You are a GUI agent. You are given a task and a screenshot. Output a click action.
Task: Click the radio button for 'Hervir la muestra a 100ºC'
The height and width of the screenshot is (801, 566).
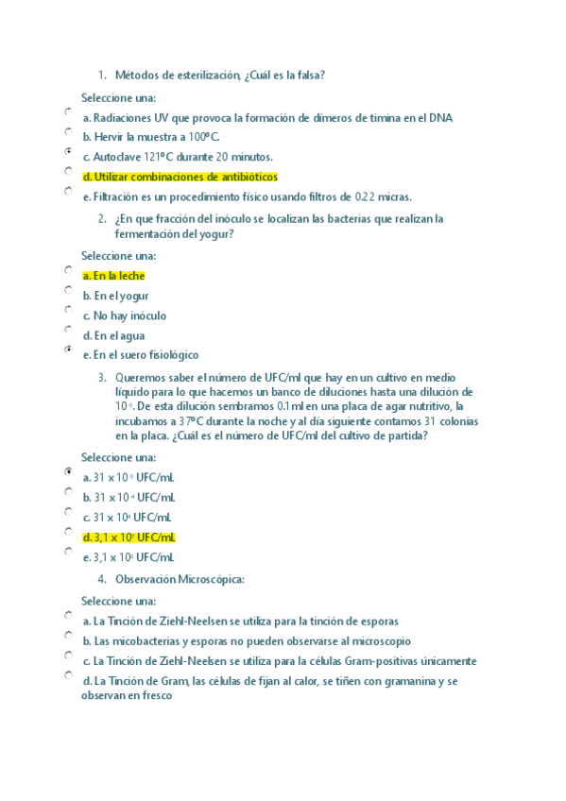click(x=68, y=131)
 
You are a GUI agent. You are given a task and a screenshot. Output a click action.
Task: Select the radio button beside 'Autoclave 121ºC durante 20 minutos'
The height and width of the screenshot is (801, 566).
click(x=68, y=151)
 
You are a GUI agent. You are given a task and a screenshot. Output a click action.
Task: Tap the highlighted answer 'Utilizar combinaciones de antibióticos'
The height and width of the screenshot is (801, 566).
click(x=180, y=177)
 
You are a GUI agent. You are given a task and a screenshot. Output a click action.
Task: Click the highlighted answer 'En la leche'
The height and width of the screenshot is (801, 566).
click(x=113, y=276)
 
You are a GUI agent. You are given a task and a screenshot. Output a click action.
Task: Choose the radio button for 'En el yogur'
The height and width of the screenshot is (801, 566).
click(x=68, y=289)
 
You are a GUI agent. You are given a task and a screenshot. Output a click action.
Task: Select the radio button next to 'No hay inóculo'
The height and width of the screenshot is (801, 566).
click(x=68, y=309)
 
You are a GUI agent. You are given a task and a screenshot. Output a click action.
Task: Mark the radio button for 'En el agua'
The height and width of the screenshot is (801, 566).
click(x=68, y=330)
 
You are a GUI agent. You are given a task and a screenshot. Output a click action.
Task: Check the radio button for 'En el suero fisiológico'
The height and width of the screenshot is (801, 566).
click(x=68, y=349)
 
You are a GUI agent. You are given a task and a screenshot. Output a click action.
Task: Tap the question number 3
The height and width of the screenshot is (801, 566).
click(x=101, y=376)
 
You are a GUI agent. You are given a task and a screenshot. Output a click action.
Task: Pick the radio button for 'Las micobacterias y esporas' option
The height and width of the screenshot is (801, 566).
click(x=68, y=635)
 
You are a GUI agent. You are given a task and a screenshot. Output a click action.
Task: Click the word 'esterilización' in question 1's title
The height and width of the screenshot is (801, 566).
click(x=207, y=75)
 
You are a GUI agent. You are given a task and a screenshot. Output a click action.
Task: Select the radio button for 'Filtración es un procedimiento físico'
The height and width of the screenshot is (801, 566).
click(x=68, y=191)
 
